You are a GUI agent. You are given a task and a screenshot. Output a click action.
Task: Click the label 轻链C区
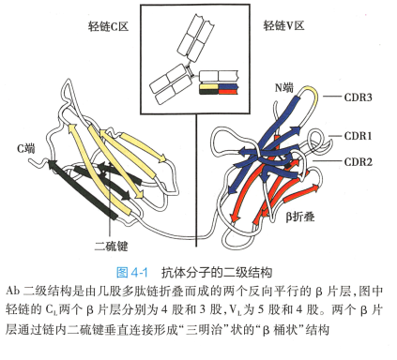pyautogui.click(x=108, y=26)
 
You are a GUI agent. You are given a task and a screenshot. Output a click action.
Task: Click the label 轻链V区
pyautogui.click(x=283, y=25)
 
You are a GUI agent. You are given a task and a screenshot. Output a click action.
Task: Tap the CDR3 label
pyautogui.click(x=358, y=97)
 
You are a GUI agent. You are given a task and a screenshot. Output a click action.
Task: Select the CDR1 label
pyautogui.click(x=358, y=136)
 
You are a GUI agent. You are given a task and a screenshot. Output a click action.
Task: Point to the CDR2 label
pyautogui.click(x=358, y=161)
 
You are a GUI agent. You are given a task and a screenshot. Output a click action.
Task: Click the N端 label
pyautogui.click(x=284, y=88)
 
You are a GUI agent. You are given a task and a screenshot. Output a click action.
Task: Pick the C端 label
pyautogui.click(x=26, y=148)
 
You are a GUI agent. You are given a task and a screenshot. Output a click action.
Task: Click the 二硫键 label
pyautogui.click(x=112, y=246)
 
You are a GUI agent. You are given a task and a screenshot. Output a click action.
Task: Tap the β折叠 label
pyautogui.click(x=300, y=217)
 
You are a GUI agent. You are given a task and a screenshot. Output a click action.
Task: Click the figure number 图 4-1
pyautogui.click(x=131, y=273)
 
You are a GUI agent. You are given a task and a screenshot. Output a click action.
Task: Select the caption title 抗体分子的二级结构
pyautogui.click(x=217, y=273)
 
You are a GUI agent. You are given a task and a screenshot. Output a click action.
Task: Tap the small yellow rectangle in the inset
pyautogui.click(x=208, y=86)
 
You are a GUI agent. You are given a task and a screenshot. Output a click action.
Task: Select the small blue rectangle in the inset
pyautogui.click(x=228, y=86)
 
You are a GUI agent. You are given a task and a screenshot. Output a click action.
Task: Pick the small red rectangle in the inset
pyautogui.click(x=228, y=92)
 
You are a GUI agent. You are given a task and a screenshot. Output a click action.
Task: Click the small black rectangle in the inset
pyautogui.click(x=208, y=92)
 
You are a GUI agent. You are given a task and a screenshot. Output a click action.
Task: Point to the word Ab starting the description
pyautogui.click(x=13, y=291)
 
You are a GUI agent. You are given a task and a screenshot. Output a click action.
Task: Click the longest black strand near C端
pyautogui.click(x=83, y=189)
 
